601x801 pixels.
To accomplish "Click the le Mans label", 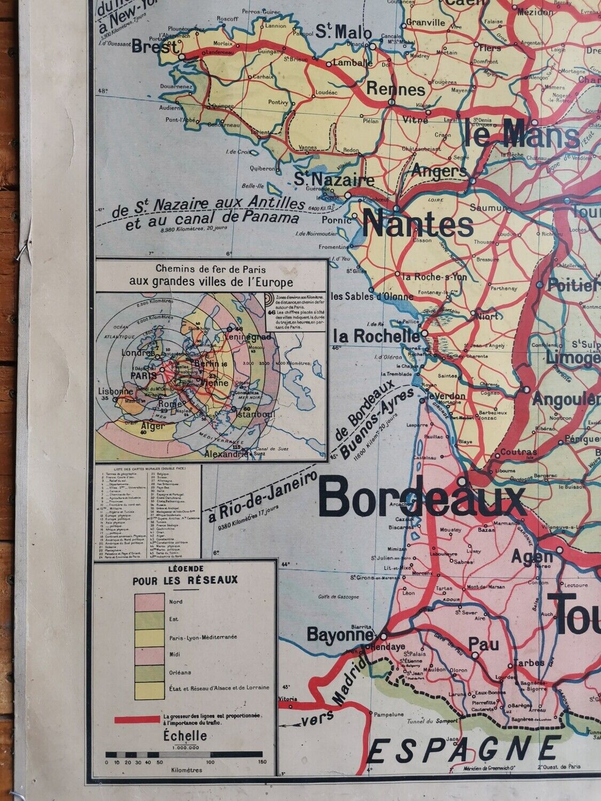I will (x=521, y=134).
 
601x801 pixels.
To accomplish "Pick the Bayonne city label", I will (x=339, y=635).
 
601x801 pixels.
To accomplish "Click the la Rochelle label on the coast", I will (x=376, y=336).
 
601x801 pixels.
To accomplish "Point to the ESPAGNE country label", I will (x=464, y=750).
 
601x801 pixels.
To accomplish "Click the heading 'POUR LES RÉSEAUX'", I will (x=185, y=580).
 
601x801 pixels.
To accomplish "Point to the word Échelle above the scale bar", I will (x=185, y=736).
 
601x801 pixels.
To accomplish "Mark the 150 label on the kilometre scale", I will (x=262, y=761).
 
